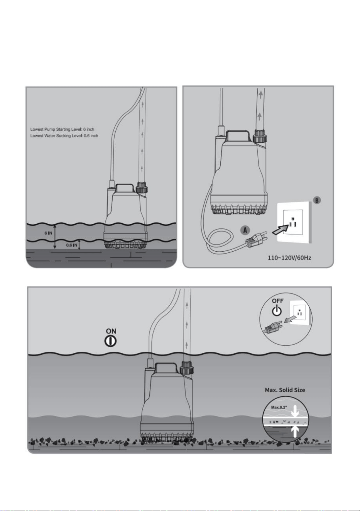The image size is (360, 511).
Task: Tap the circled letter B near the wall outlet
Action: (317, 200)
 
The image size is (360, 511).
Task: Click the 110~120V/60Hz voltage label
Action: (289, 258)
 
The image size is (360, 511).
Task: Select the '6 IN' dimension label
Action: (48, 234)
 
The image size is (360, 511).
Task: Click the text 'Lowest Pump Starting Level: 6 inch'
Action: (62, 129)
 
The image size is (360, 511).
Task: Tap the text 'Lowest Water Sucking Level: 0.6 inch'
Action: (64, 136)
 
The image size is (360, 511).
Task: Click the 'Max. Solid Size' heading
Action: (285, 390)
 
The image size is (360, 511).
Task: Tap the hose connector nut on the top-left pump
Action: (142, 188)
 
